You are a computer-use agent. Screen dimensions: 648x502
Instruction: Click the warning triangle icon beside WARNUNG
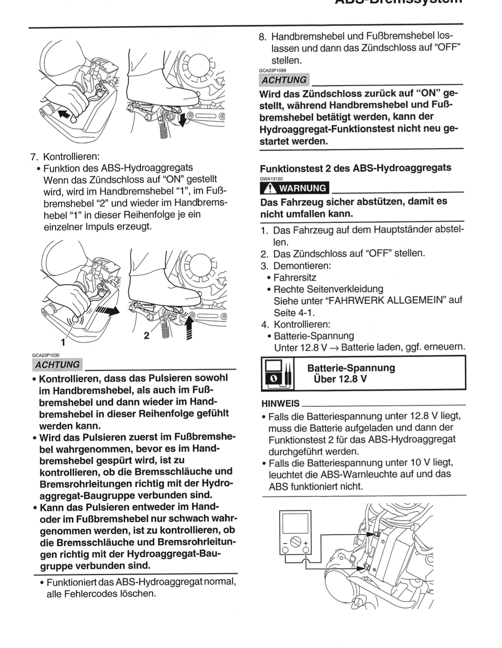pos(270,188)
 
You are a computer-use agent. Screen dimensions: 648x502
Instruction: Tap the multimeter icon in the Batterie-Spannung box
pos(277,373)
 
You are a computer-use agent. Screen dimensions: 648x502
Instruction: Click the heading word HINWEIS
pos(280,403)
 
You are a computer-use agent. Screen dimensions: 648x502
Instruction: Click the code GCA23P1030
pos(46,355)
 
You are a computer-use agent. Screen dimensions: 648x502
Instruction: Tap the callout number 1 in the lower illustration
pos(62,342)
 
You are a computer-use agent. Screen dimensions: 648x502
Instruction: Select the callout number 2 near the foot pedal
pos(147,336)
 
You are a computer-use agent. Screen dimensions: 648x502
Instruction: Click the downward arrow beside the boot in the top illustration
pos(183,120)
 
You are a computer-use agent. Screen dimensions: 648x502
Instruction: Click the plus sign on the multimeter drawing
pos(305,543)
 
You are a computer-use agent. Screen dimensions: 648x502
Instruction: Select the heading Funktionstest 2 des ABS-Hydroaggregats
pos(355,168)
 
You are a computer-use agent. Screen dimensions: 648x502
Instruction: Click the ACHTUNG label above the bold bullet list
pos(57,364)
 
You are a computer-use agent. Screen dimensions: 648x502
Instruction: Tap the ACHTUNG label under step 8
pos(284,80)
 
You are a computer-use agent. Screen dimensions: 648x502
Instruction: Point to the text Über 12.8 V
pos(340,379)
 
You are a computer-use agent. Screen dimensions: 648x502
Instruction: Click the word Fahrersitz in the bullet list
pos(295,277)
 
